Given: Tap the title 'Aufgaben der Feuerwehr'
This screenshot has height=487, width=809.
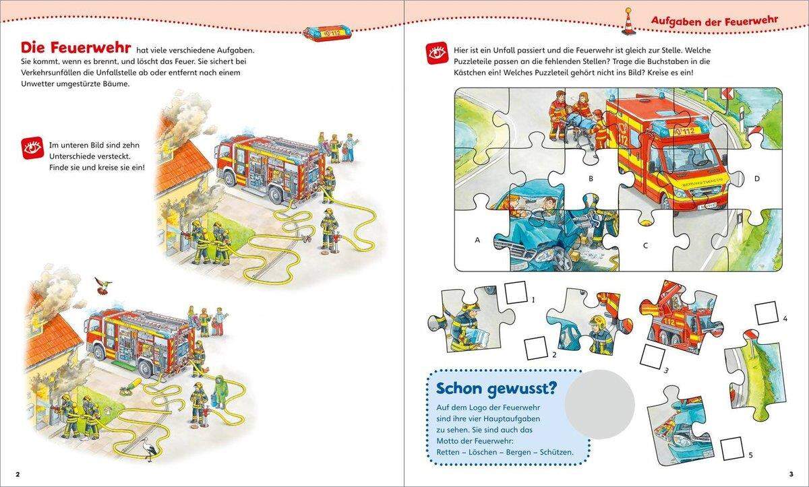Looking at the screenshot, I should click(714, 21).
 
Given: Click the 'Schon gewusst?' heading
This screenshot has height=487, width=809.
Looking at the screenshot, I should click(496, 389).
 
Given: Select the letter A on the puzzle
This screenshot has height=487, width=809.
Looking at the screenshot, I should click(478, 239).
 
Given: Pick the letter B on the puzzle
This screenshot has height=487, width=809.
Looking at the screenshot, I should click(591, 179).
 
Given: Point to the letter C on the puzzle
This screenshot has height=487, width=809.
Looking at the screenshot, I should click(645, 246).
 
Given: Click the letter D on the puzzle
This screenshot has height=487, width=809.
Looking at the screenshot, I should click(757, 178).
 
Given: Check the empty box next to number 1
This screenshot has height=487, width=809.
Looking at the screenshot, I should click(516, 292).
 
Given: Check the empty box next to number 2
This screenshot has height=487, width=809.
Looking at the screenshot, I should click(536, 348).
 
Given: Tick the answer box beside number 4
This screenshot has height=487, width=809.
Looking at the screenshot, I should click(767, 313).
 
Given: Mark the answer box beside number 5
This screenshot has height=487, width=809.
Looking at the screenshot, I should click(731, 448).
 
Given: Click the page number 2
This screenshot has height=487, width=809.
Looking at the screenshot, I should click(18, 474).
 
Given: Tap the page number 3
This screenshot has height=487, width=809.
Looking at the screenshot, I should click(791, 474).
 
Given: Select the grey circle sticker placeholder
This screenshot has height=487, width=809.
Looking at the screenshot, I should click(600, 404).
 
